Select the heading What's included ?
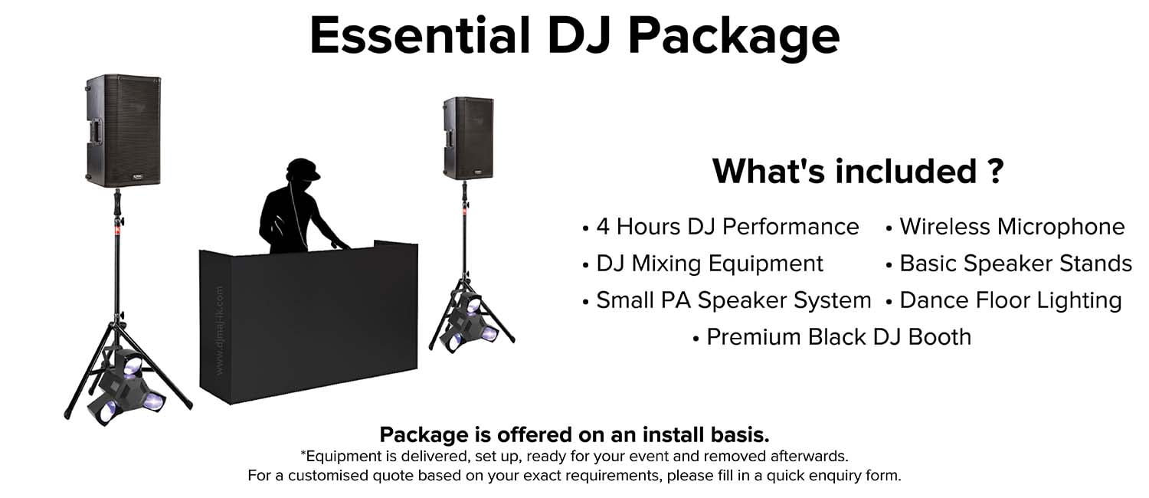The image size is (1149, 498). coord(857,170)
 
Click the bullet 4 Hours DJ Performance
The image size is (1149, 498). coord(727,227)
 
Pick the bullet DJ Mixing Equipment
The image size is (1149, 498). coord(709,264)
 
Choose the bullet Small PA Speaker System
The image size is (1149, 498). coord(733,300)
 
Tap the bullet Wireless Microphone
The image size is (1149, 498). coord(1011,227)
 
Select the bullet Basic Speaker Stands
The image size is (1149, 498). coord(1015,264)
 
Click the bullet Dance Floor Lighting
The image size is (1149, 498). coord(1010,300)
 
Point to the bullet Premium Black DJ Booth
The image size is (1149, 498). coord(838,336)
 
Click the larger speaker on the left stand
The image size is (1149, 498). coord(123,129)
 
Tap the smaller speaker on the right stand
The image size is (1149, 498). coord(468,138)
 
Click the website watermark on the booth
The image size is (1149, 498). coord(220,331)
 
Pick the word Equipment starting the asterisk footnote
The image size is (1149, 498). coord(337,456)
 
